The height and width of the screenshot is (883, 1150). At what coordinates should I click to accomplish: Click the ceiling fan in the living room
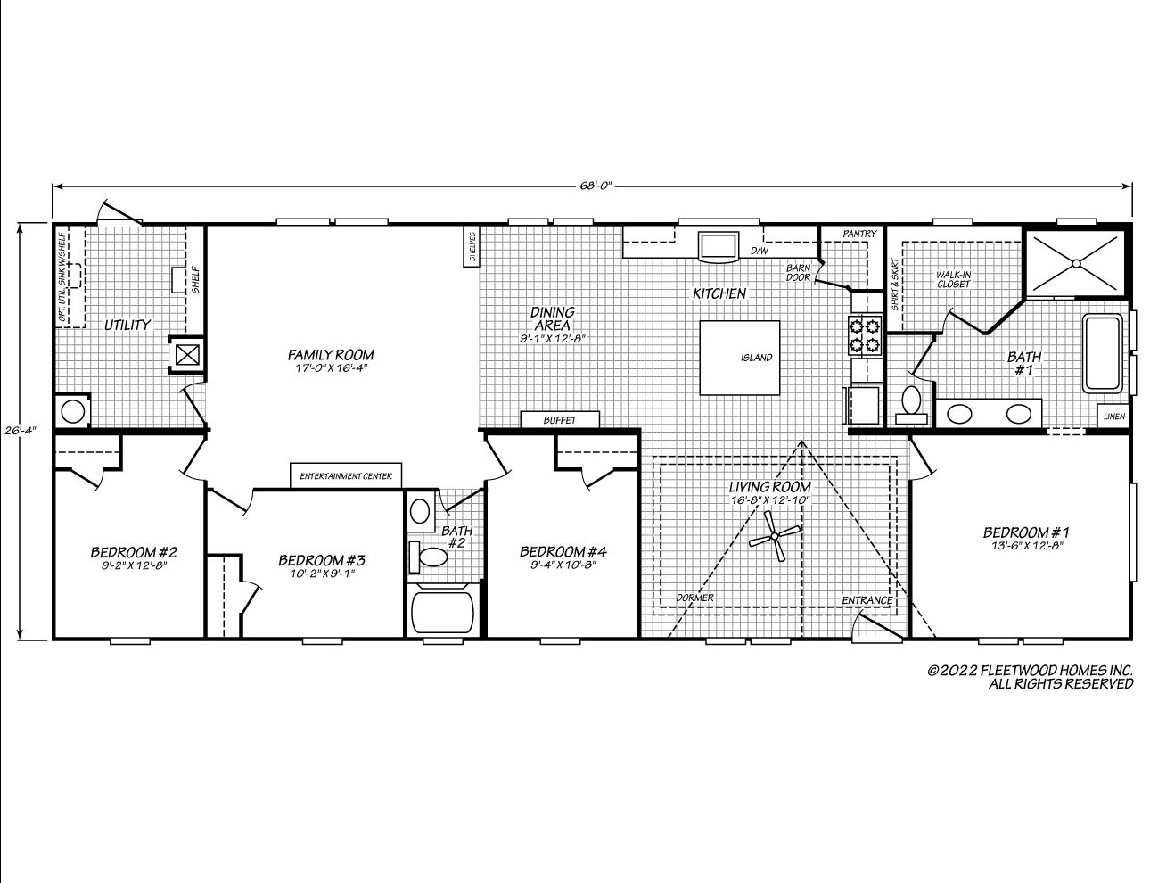pos(775,536)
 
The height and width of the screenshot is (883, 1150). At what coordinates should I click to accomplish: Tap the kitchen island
pos(739,358)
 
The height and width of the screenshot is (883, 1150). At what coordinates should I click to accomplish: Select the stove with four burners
pos(865,335)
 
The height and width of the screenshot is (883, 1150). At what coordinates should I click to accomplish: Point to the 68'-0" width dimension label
pos(595,186)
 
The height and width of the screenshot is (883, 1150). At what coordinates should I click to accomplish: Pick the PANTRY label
pos(859,234)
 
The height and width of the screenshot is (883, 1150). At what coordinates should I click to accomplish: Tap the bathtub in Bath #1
pos(1103,353)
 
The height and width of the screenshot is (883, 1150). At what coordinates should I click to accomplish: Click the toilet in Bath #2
pos(429,557)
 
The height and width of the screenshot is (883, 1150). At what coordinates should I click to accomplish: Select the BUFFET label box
pos(560,420)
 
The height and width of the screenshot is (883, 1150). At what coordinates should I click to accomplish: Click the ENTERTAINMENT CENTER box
pos(346,476)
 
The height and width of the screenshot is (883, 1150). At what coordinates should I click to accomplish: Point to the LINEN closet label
pos(1114,417)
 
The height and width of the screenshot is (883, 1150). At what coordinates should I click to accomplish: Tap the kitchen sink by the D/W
pos(719,246)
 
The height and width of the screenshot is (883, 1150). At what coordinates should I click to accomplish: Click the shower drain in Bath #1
pos(1076,262)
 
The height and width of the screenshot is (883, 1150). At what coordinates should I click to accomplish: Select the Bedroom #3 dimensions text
pos(322,574)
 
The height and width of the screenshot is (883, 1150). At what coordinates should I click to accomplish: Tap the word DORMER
pos(694,598)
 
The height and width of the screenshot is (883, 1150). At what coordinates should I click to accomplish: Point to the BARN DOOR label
pos(798,273)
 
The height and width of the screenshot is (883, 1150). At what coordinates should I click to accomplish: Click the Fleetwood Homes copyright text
pos(1030,677)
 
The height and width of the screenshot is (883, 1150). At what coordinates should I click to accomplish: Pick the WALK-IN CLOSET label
pos(953,279)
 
